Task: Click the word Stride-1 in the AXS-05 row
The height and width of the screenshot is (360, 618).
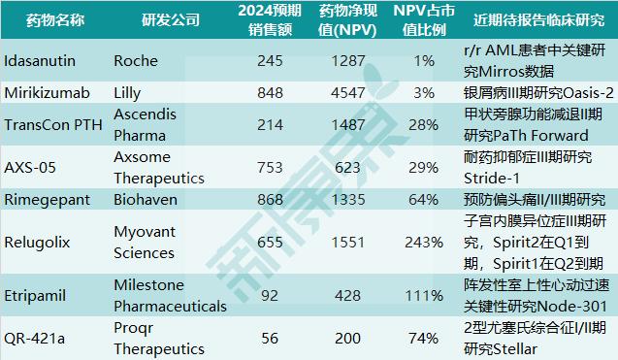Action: pos(493,179)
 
